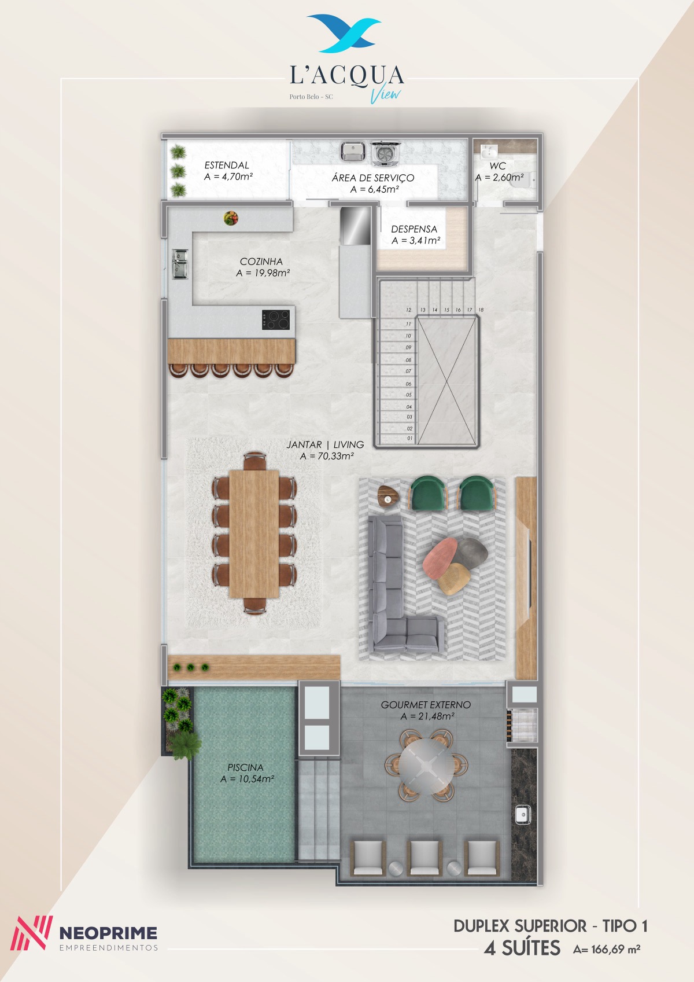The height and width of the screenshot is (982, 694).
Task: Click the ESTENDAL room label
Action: click(227, 165)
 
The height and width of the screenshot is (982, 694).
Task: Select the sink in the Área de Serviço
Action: click(353, 152)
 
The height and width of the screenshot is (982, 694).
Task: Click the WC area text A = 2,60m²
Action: click(500, 178)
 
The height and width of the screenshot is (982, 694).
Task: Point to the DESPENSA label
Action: click(414, 229)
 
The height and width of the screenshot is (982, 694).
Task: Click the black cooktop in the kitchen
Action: click(276, 319)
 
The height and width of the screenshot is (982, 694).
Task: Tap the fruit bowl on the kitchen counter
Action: click(231, 218)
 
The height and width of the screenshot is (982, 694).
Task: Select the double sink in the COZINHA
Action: click(180, 264)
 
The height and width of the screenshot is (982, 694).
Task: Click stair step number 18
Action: click(481, 310)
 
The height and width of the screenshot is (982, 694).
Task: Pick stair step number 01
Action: click(409, 438)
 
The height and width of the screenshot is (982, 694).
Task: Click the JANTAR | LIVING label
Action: click(325, 444)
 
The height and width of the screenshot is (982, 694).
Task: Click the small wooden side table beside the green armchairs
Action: click(388, 496)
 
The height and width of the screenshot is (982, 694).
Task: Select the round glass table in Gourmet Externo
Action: click(427, 766)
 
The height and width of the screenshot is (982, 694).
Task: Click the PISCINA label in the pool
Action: click(245, 767)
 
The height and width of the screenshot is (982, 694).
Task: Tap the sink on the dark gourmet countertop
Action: click(523, 815)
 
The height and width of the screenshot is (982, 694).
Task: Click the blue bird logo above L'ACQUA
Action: click(344, 33)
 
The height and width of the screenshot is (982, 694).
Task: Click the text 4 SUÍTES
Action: click(522, 948)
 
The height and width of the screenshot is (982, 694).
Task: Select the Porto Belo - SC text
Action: click(311, 97)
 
